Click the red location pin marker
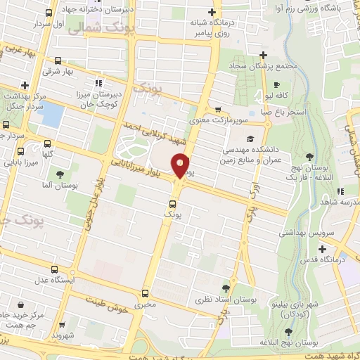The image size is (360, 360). (181, 166)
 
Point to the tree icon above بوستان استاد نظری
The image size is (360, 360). (225, 287)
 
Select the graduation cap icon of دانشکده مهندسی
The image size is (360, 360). (249, 137)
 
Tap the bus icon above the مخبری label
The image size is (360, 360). (145, 293)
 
